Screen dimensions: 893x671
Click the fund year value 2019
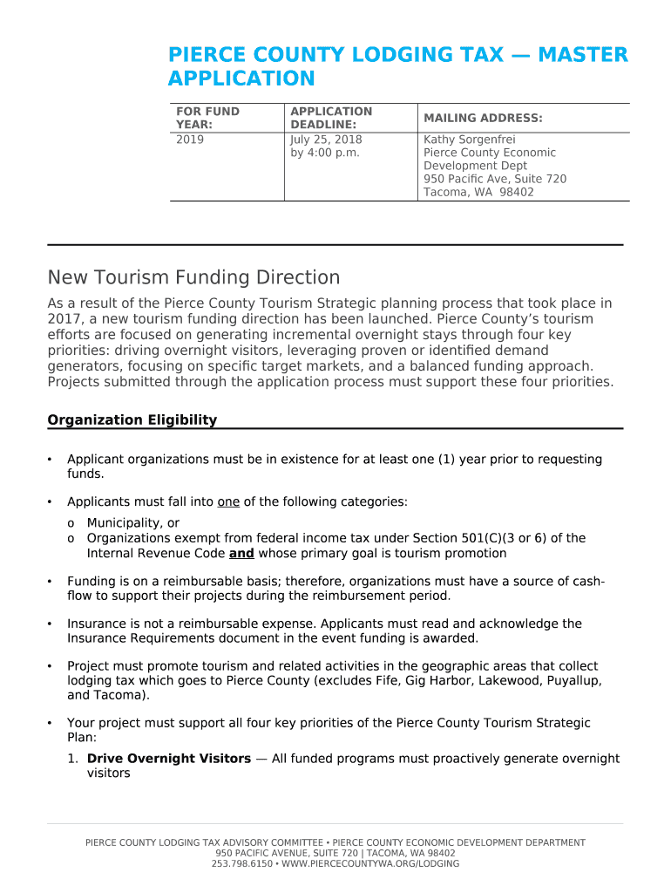point(190,140)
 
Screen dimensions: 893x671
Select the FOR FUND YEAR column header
point(207,118)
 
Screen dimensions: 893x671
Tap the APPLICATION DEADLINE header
point(331,118)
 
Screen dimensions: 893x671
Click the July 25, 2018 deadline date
point(326,140)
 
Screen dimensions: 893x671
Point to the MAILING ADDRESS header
point(483,118)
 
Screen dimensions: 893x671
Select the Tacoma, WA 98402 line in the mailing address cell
point(478,192)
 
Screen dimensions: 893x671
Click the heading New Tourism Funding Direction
point(193,278)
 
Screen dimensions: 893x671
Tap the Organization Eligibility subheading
point(132,420)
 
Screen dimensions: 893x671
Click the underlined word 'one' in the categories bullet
point(228,502)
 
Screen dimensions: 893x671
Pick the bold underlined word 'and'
point(241,554)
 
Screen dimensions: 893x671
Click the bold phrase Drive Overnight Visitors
point(169,759)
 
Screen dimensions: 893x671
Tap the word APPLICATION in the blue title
point(241,79)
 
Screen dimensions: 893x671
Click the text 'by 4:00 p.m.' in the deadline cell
point(325,153)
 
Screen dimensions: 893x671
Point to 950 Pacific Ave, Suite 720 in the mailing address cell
point(495,179)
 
